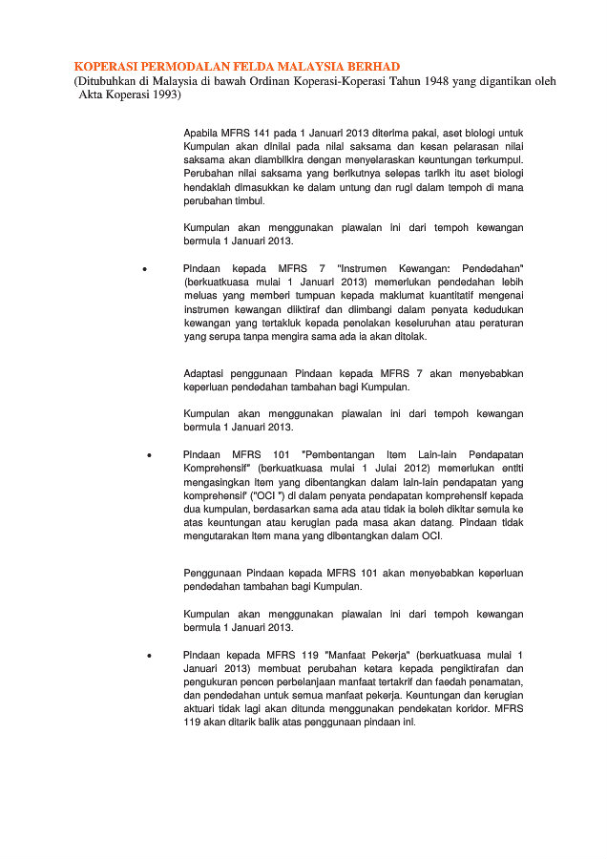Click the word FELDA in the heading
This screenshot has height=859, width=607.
253,66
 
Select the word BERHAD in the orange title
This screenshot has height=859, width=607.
368,66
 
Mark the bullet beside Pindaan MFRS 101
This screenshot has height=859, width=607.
150,455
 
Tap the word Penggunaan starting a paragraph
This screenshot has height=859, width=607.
212,573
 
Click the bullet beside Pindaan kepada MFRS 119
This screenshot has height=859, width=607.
150,656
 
